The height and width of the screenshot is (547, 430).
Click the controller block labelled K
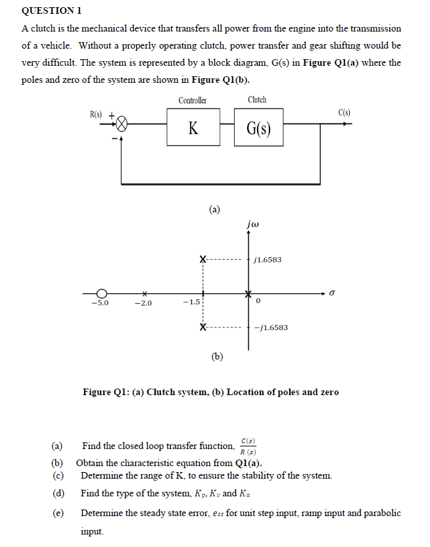point(193,128)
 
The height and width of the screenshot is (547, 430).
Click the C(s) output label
point(345,112)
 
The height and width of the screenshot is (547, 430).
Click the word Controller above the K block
point(193,100)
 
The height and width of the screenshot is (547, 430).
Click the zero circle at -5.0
point(102,293)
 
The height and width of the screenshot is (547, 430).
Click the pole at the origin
point(249,293)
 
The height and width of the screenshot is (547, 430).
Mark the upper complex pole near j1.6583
point(203,259)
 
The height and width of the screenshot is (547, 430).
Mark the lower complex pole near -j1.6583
point(203,327)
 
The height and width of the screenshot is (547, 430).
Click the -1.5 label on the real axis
point(191,302)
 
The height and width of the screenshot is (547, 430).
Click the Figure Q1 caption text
point(210,392)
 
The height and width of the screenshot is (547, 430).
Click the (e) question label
point(57,513)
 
